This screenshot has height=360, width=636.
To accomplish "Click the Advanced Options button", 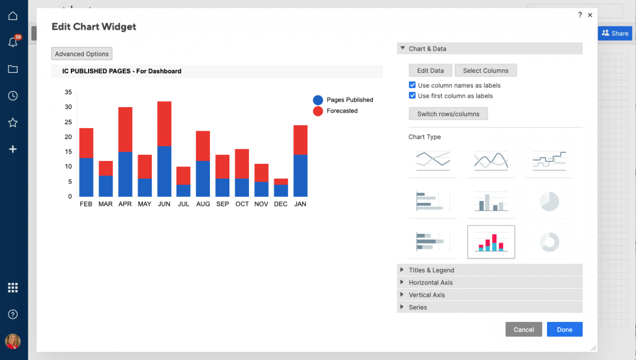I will point(82,54).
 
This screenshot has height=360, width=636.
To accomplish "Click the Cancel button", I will point(523,330).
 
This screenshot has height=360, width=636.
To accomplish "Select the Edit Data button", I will point(431,70).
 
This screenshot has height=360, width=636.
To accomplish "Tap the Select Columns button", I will point(485,70).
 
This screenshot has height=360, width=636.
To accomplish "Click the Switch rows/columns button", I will point(448,114).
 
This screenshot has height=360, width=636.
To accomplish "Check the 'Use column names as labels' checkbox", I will point(412,85).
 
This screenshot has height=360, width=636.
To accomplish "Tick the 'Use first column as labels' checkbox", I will point(412,96).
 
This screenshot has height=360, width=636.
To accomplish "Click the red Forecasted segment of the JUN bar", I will point(164,124).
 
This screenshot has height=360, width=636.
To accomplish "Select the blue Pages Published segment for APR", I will point(125,174).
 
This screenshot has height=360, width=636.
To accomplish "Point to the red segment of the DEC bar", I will point(281,181).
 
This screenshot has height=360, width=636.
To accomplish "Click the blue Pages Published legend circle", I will point(318,100).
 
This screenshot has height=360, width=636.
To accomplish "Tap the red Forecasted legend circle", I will point(318,111).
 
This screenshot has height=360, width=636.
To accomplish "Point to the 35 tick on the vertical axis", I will point(68,92).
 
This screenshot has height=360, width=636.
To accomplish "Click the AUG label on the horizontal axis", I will point(203,204).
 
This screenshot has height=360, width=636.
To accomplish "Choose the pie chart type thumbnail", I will point(549,202).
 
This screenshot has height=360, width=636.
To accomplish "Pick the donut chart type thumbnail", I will point(549,242).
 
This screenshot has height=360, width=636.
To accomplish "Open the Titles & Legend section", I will point(431,270).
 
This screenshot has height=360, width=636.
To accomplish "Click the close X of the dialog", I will point(590,15).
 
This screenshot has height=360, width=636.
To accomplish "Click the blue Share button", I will point(614,33).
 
